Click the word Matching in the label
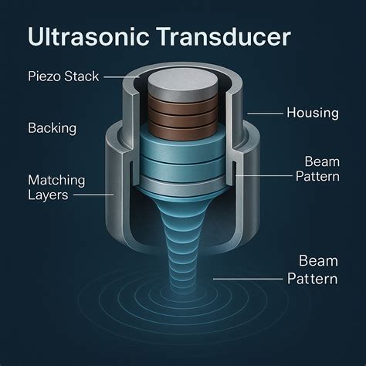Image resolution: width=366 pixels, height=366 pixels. [56, 180]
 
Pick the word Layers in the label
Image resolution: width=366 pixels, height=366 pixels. [49, 195]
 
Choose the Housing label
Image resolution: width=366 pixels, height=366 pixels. [312, 113]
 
